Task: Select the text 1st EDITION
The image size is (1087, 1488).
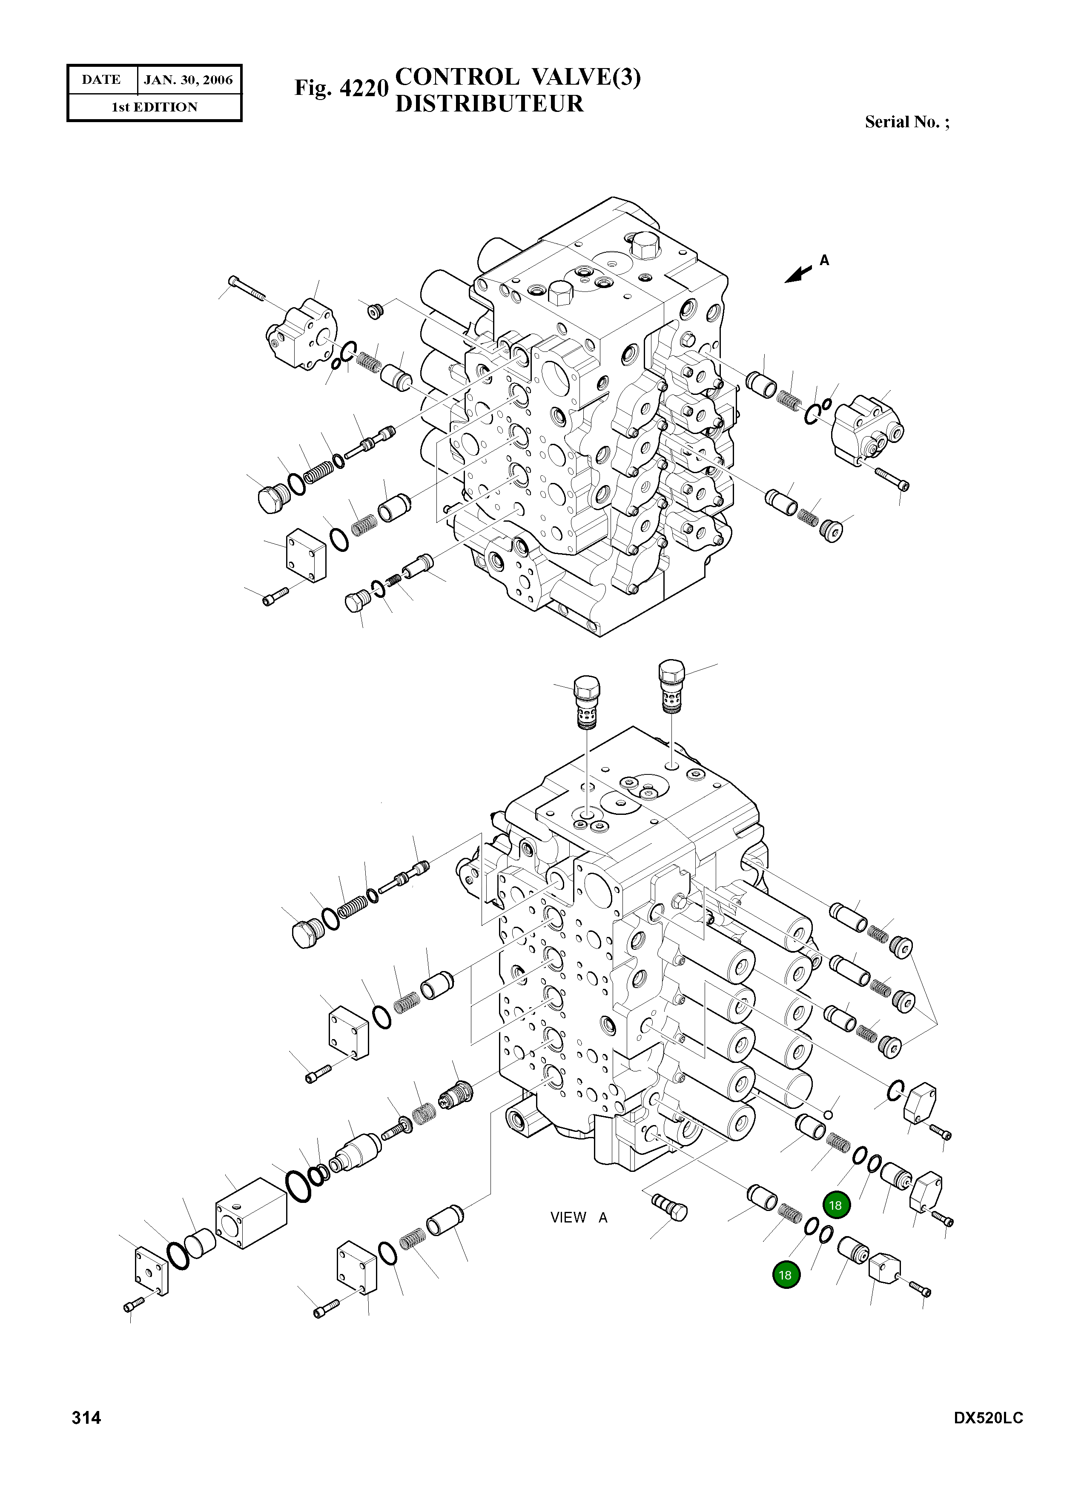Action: click(x=154, y=107)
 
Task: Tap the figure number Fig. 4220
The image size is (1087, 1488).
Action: click(x=341, y=88)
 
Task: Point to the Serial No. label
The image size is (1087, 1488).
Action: click(x=906, y=122)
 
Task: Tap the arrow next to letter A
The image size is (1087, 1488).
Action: click(x=799, y=274)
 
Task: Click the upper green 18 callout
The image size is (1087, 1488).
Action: click(x=836, y=1205)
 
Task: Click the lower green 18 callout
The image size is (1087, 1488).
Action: click(x=785, y=1275)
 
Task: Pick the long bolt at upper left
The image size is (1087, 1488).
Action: click(x=247, y=289)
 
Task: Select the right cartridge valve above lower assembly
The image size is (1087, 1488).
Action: click(x=671, y=686)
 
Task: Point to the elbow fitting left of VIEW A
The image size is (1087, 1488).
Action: click(x=669, y=1206)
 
